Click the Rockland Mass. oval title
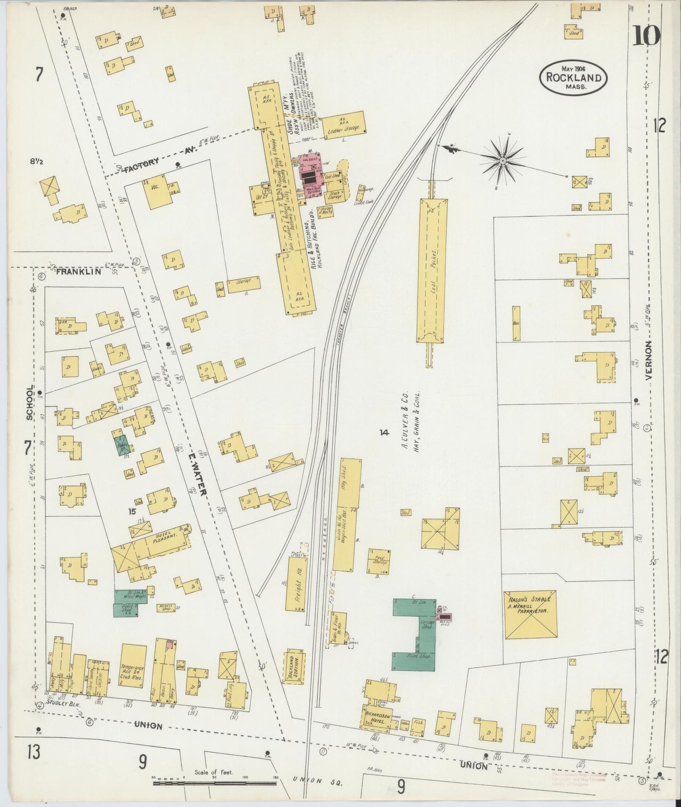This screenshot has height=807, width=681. pos(573,78)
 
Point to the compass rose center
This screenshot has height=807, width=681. pos(503,161)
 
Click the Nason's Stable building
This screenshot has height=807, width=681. pos(530,614)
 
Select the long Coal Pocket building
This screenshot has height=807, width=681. pos(432,270)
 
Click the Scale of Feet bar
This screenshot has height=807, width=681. pos(214,784)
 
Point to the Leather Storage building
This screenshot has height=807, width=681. pos(344,125)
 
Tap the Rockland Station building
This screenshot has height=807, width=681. pos(294,667)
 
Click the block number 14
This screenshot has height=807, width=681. pos(385,432)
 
